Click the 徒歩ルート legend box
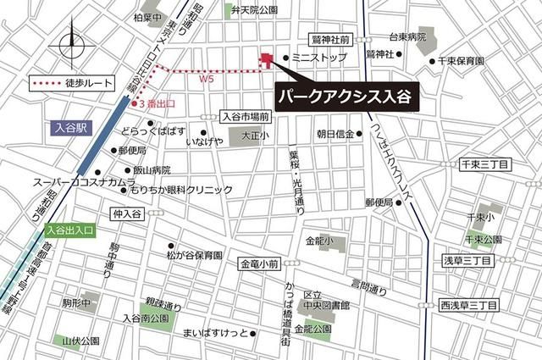(69, 84)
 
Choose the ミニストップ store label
(318, 58)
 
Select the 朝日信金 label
(335, 133)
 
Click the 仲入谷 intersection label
(124, 215)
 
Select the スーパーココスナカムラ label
(85, 182)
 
